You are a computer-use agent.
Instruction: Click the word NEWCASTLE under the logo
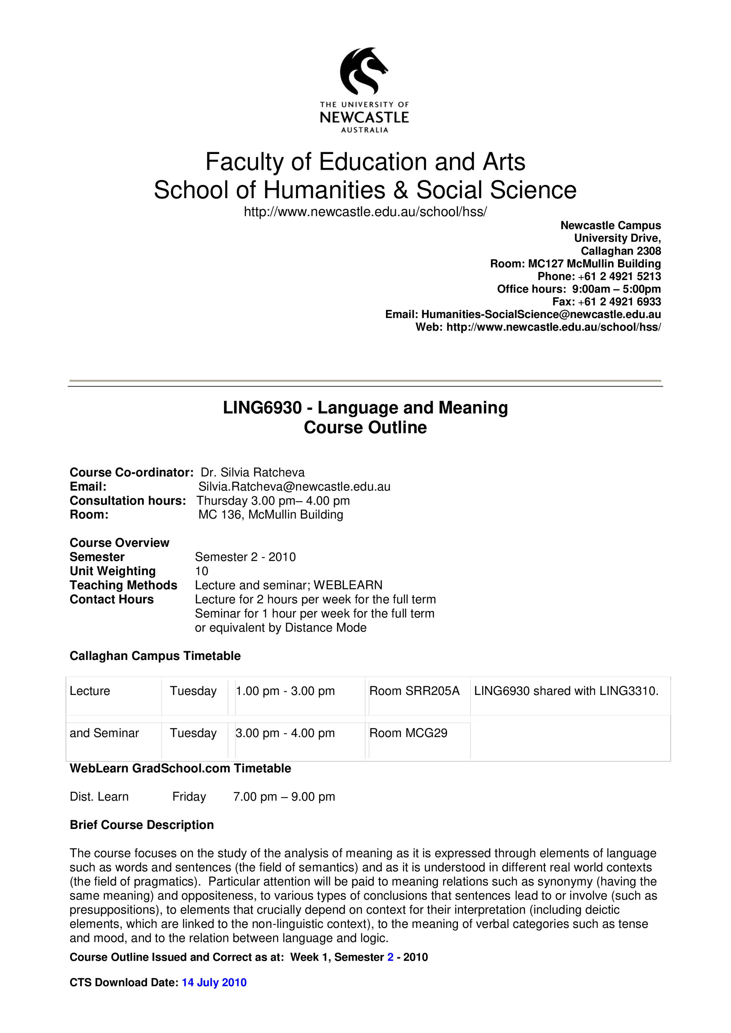[x=364, y=118]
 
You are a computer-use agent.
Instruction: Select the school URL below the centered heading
[x=365, y=211]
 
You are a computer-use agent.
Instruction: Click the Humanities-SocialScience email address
[x=541, y=314]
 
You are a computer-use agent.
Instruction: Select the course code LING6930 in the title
[x=262, y=408]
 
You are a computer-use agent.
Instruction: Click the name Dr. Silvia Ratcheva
[x=253, y=472]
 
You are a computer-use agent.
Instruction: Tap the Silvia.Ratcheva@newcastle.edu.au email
[x=294, y=486]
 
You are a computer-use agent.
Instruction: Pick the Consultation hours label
[x=128, y=500]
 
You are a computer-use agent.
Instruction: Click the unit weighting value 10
[x=201, y=571]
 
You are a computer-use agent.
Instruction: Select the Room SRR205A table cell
[x=414, y=691]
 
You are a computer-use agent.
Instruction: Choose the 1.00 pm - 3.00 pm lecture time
[x=285, y=691]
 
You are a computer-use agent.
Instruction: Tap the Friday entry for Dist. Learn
[x=189, y=796]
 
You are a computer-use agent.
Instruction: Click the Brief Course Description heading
[x=141, y=825]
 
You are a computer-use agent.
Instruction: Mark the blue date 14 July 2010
[x=214, y=982]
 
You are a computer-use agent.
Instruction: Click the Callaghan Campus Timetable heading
[x=155, y=656]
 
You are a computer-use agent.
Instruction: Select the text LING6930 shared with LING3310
[x=566, y=691]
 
